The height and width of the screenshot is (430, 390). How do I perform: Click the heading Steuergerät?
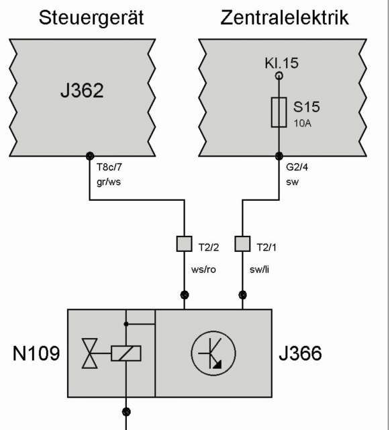point(91,18)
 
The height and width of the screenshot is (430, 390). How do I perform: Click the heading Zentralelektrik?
point(284,17)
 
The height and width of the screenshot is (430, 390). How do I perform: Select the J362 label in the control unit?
point(82,91)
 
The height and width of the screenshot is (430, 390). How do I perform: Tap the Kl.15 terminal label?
point(281,62)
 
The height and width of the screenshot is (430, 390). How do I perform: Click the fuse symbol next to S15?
point(279,112)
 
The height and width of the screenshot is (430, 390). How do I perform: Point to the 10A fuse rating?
point(303,124)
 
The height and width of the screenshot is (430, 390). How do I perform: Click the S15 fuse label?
point(306,107)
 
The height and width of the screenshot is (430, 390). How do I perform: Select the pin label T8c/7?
point(109,167)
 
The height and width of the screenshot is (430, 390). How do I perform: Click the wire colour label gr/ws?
point(109,182)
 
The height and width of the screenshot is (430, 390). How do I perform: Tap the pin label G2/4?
point(297,167)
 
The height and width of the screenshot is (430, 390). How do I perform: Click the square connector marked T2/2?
point(184,244)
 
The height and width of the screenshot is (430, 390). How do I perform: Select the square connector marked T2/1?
point(242,244)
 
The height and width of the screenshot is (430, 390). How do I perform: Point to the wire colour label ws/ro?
point(203,269)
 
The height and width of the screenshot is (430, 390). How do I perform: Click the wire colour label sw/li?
point(259,269)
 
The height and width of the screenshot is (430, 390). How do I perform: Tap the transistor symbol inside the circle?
point(213,353)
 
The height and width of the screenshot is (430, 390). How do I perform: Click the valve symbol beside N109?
point(90,353)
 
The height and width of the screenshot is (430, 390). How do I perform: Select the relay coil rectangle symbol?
point(126,353)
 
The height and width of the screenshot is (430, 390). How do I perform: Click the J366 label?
point(300,353)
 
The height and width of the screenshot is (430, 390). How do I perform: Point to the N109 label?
point(36,353)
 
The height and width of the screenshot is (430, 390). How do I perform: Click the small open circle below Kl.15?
point(279,75)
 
